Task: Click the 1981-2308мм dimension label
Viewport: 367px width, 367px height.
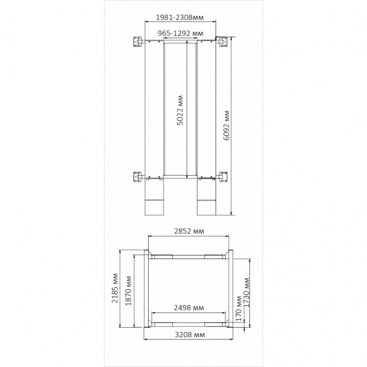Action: pyautogui.click(x=180, y=17)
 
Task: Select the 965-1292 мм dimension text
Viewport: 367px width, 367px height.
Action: pyautogui.click(x=180, y=33)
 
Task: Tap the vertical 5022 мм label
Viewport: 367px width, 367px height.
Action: pyautogui.click(x=180, y=110)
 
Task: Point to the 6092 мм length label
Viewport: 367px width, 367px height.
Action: pyautogui.click(x=227, y=125)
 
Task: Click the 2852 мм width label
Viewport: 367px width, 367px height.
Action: pyautogui.click(x=189, y=231)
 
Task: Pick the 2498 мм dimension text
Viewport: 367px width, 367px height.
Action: pyautogui.click(x=189, y=307)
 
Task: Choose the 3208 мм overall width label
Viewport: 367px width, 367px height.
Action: pyautogui.click(x=190, y=335)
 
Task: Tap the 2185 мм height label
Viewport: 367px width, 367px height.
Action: pyautogui.click(x=115, y=288)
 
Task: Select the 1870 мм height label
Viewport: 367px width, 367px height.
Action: pyautogui.click(x=128, y=291)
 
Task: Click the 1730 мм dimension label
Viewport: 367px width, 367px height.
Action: pyautogui.click(x=247, y=293)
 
